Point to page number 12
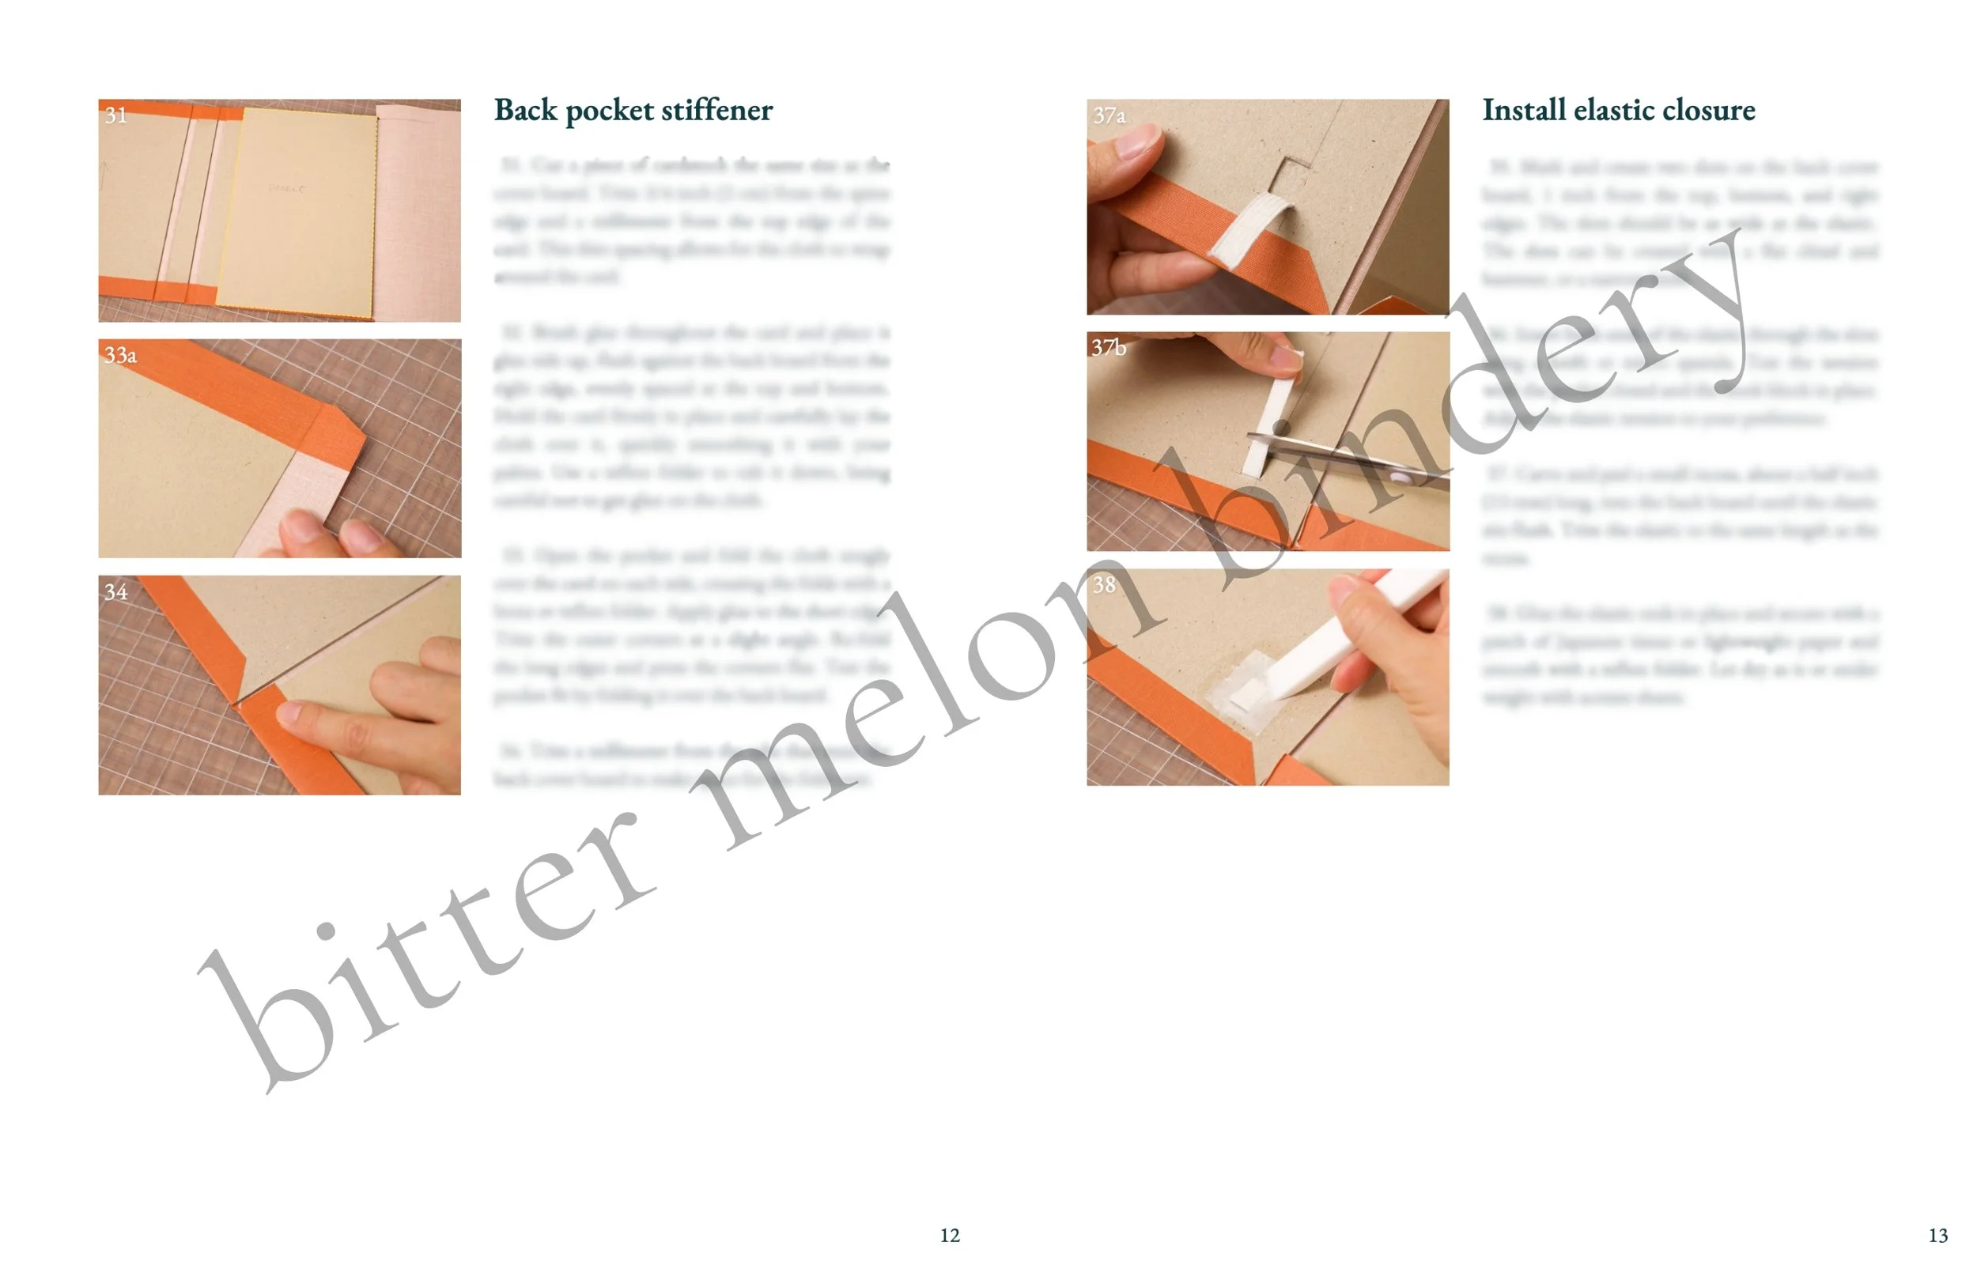coord(950,1235)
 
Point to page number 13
coord(1938,1235)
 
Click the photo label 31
coord(116,115)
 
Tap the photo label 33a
coord(120,355)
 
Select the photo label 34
coord(116,591)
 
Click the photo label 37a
coord(1109,115)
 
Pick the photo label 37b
coord(1109,347)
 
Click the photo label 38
coord(1104,584)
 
